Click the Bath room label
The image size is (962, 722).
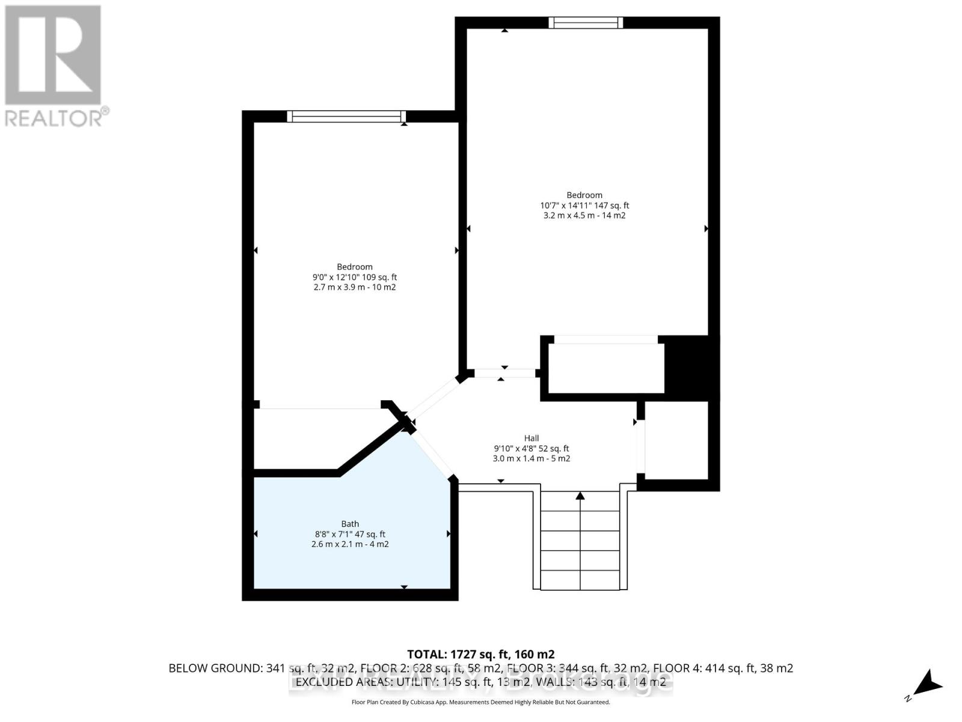tap(350, 524)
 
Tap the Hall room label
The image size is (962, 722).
tap(531, 438)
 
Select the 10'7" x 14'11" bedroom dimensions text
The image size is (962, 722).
tap(584, 205)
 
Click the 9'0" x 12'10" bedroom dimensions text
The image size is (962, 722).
tap(354, 277)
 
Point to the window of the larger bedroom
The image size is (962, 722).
tap(586, 23)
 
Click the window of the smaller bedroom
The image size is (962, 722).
tap(346, 116)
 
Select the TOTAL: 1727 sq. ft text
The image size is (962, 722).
tap(480, 654)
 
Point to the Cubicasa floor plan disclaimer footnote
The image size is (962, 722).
tap(480, 702)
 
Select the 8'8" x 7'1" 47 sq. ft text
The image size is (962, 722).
tap(350, 534)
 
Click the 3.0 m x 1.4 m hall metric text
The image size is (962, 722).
tap(531, 458)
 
